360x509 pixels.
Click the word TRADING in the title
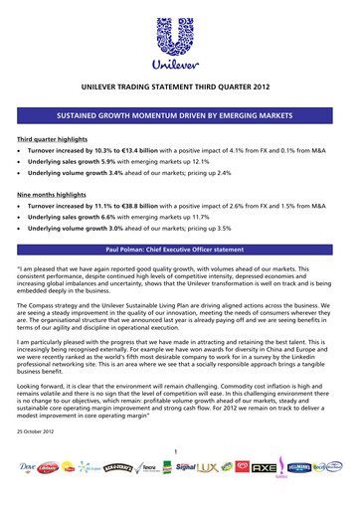162,87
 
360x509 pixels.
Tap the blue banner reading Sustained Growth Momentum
180,116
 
